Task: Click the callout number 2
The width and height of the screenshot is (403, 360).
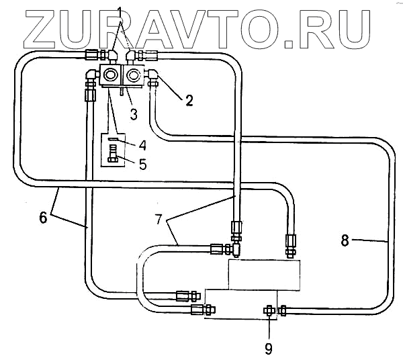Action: point(189,101)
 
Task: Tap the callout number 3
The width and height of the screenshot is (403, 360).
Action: point(134,114)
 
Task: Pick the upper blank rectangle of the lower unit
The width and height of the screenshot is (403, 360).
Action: point(263,273)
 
